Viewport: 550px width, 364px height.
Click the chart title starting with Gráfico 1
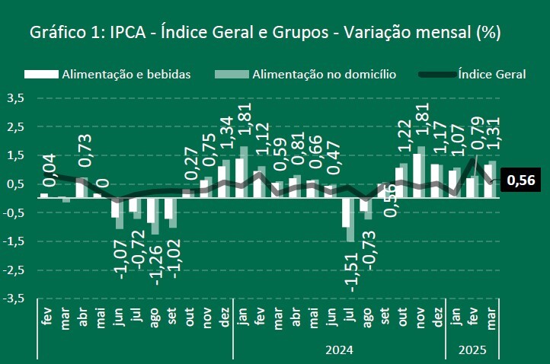(x=264, y=33)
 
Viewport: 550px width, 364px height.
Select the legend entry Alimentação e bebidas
(x=107, y=74)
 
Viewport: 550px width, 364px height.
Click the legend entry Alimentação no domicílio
(x=304, y=74)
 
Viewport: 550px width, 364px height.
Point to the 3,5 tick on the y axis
(x=15, y=98)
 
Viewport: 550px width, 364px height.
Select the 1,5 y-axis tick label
(x=15, y=155)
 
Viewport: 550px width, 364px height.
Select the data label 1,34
(x=225, y=135)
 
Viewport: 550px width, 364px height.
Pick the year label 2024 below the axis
(x=338, y=350)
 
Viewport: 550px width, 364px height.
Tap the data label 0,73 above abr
(x=85, y=150)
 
